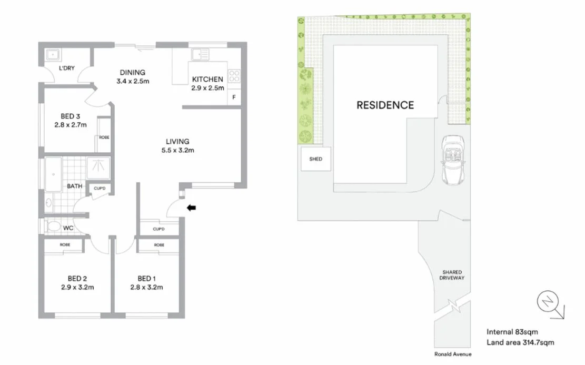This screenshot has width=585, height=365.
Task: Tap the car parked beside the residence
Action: [452, 161]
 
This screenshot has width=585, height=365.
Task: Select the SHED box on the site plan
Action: [316, 159]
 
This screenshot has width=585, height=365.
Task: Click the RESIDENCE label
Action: [385, 105]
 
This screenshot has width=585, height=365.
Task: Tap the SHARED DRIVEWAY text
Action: [452, 275]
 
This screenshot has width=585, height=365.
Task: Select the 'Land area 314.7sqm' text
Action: [520, 342]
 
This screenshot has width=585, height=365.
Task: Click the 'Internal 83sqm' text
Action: [512, 331]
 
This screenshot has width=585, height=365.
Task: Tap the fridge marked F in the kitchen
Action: [234, 97]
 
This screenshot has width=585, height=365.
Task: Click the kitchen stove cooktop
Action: [234, 76]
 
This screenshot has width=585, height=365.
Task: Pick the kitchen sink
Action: [200, 54]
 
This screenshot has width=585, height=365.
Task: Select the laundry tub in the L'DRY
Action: [53, 55]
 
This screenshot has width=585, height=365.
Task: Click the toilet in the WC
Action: [53, 226]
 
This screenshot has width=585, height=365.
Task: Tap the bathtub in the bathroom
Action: [53, 173]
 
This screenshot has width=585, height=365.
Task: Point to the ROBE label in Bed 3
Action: [104, 137]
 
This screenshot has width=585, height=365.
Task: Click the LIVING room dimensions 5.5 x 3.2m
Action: [177, 151]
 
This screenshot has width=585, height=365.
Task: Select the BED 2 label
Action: [74, 278]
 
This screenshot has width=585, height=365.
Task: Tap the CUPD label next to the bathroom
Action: [99, 188]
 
